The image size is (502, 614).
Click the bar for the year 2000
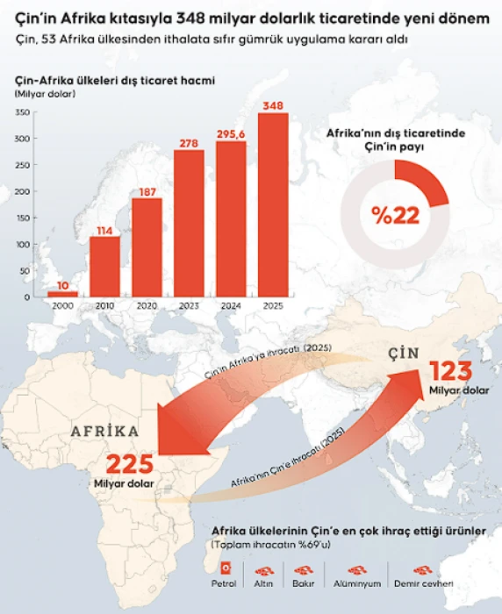(x=61, y=293)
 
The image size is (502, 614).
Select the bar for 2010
(x=104, y=267)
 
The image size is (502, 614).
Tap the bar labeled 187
(x=147, y=247)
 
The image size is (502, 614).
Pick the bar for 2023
(x=189, y=223)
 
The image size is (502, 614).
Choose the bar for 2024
(x=231, y=218)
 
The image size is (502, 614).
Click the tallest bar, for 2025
(x=273, y=204)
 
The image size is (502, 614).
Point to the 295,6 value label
(x=231, y=132)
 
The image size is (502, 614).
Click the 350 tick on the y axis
(x=23, y=112)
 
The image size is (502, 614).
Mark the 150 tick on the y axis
(x=23, y=218)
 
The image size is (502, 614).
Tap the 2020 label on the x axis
(x=147, y=306)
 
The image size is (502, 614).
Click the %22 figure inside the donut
(x=395, y=215)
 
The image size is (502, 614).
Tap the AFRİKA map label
(x=104, y=432)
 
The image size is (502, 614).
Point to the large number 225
(x=130, y=462)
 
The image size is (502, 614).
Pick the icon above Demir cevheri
(x=424, y=568)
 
